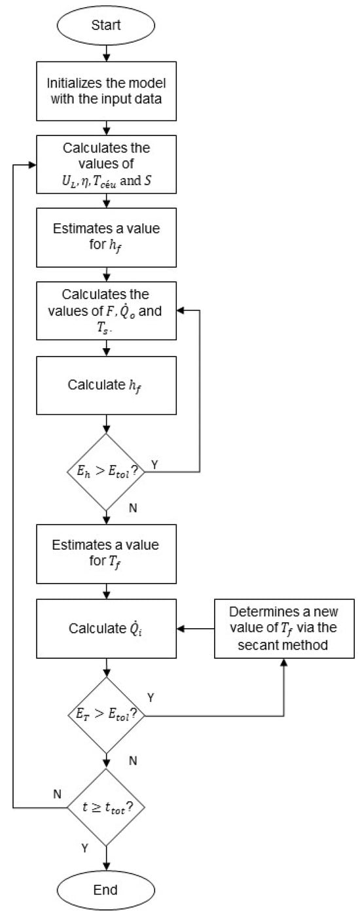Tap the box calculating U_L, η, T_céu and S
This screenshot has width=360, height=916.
tap(107, 164)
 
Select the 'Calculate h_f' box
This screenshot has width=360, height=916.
tap(107, 385)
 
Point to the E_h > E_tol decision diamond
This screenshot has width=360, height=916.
tap(107, 471)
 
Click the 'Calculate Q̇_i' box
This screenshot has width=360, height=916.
tap(107, 629)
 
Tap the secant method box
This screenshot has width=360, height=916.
tap(283, 629)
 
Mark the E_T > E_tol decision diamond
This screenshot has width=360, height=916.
tap(107, 715)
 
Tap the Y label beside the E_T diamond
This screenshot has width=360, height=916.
tap(151, 698)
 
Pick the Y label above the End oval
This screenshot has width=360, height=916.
tap(85, 848)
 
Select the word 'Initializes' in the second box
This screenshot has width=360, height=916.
tap(68, 85)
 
